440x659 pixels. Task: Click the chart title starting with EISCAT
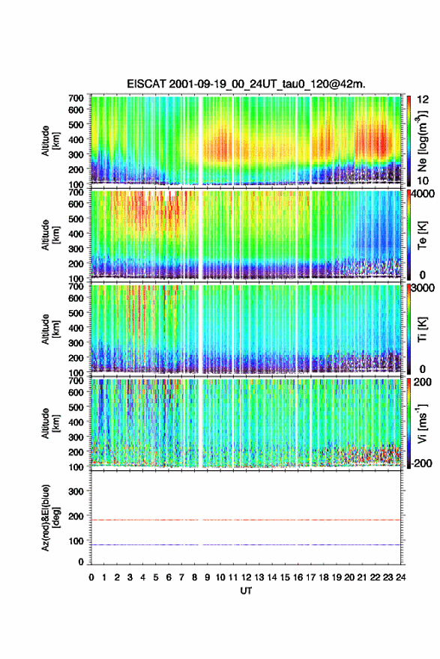pos(246,84)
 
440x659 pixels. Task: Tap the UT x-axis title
pos(246,591)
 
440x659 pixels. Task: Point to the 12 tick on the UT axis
pos(246,577)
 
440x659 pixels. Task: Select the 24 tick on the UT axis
pos(400,577)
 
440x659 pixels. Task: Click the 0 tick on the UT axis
pos(91,577)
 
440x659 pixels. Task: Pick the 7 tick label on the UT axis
pos(181,577)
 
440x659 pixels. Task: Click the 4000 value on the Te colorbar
pos(423,194)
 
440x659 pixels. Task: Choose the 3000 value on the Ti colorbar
pos(423,288)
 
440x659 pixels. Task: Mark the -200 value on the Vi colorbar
pos(421,463)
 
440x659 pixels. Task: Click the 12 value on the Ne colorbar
pos(423,100)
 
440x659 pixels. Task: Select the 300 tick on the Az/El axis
pos(76,491)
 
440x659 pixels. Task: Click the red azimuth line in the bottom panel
pos(246,520)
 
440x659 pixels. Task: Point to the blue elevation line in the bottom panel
pos(246,544)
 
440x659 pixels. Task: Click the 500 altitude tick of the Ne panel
pos(76,124)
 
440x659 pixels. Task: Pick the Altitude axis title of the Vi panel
pos(49,423)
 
